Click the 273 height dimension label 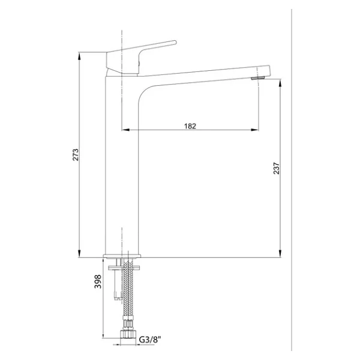coord(76,155)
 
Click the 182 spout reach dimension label coord(190,126)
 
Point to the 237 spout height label coord(277,168)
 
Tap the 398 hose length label coord(98,281)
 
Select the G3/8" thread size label coord(150,340)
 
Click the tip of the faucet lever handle coord(175,42)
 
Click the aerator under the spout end coord(258,78)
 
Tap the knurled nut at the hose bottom coord(128,334)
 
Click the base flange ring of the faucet coord(122,256)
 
